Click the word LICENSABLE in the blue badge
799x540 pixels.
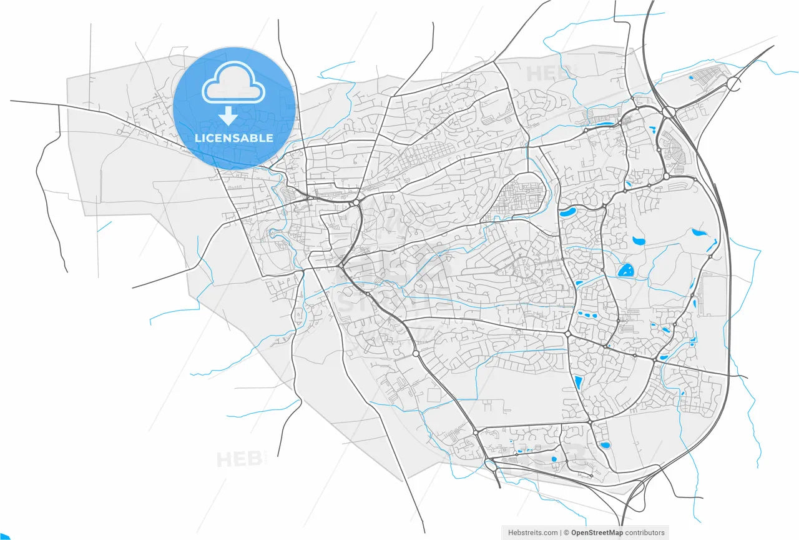(234, 138)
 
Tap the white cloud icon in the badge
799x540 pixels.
(233, 82)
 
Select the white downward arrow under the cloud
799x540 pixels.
(228, 116)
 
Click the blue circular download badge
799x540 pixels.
(234, 107)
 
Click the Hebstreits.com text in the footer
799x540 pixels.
(533, 532)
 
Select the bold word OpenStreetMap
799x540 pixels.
(597, 532)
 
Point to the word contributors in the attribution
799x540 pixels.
(645, 532)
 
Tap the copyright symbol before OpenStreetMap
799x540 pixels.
(567, 532)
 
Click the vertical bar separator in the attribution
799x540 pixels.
(561, 532)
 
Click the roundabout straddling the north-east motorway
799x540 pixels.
(665, 176)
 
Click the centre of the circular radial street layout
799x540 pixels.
(522, 270)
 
